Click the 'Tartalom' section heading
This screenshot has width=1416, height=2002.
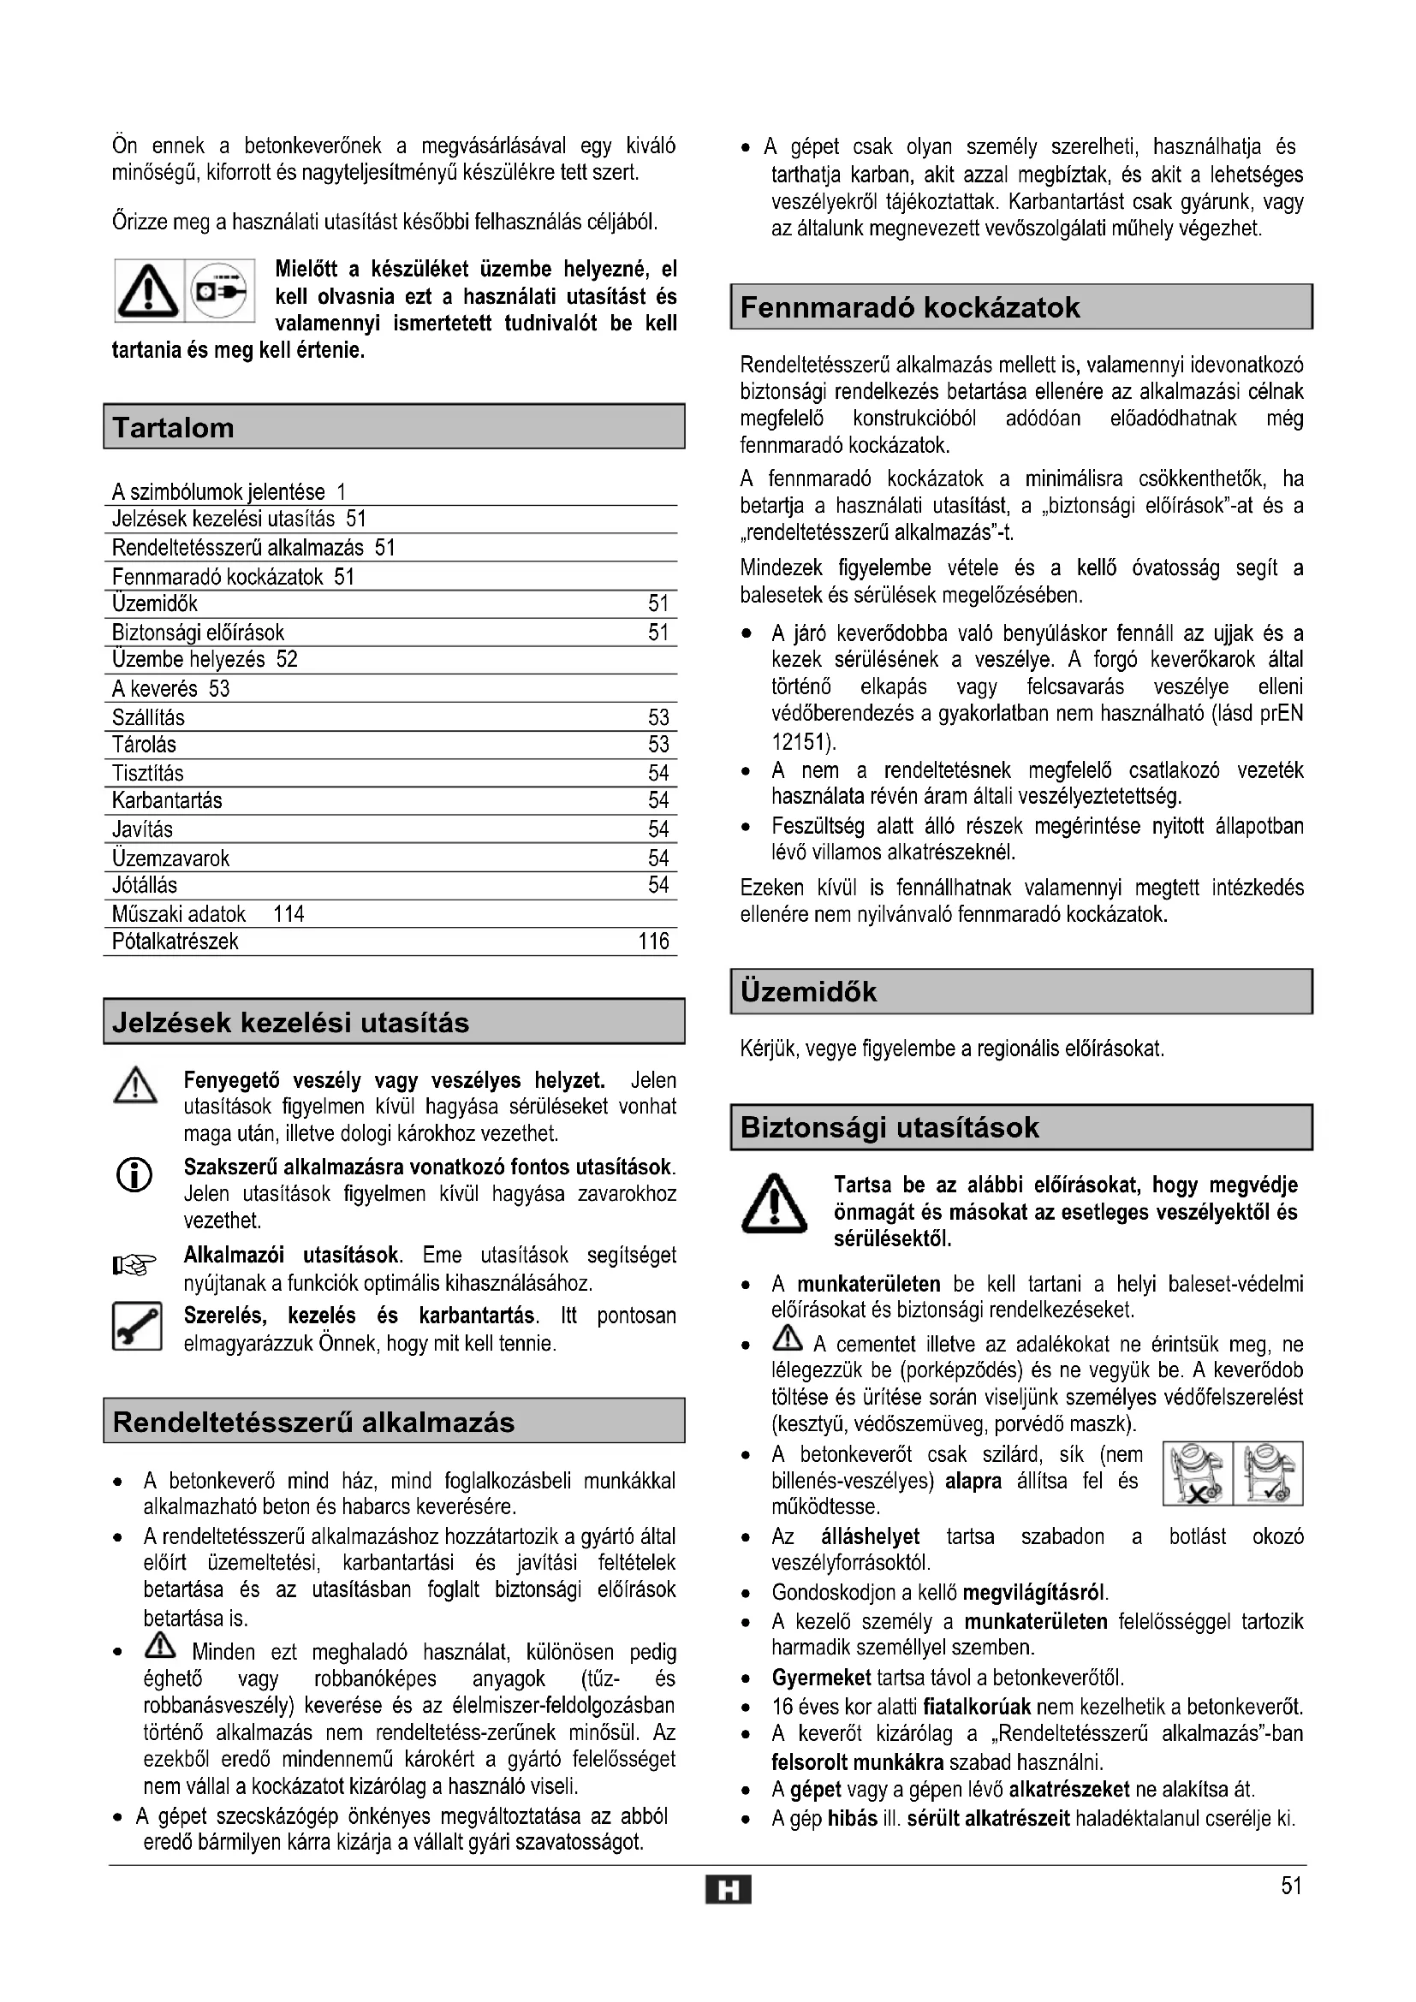[174, 427]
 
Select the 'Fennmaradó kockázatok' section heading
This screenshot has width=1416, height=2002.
[909, 307]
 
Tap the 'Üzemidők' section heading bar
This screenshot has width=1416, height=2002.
[1021, 991]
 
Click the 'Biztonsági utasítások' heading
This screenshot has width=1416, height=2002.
[889, 1127]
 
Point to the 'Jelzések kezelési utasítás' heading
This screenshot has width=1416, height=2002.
[290, 1022]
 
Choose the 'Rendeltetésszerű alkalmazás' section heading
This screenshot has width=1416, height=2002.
[314, 1423]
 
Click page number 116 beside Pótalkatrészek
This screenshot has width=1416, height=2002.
[653, 942]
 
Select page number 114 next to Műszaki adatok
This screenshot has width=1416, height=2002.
[289, 914]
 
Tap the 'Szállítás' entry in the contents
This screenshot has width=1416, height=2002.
[148, 717]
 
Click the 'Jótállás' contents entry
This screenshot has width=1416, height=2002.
[145, 886]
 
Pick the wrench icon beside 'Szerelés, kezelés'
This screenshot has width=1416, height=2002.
[137, 1326]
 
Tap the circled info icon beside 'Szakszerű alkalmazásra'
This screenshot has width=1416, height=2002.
[134, 1176]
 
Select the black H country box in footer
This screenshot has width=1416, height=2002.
[728, 1891]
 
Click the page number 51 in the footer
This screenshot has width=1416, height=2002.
[1291, 1887]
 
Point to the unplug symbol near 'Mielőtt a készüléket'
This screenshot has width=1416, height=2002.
[221, 290]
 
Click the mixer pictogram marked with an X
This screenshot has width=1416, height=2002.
[1198, 1474]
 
